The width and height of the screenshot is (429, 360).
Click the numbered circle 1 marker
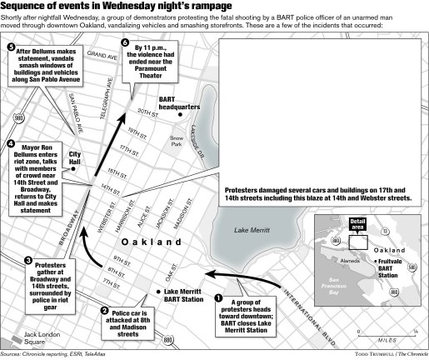[x=219, y=297]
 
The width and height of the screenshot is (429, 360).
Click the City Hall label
[x=74, y=158]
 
